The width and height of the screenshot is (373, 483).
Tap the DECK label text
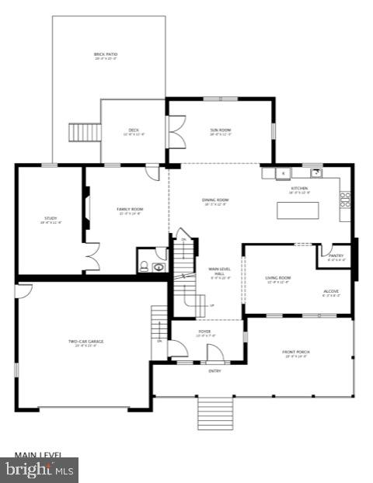coord(133,131)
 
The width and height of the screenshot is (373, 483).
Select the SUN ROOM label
coord(220,131)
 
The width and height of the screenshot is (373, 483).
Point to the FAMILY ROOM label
coord(130,210)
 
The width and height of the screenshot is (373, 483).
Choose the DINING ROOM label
coord(215,202)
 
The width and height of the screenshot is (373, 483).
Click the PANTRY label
coord(336,256)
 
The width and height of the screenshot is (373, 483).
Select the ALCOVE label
coord(331,293)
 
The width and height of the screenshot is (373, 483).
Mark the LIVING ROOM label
coord(277,279)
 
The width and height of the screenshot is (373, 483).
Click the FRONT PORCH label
coord(296,353)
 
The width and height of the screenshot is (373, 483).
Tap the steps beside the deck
coord(81,132)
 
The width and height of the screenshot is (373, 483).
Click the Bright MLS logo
coord(40,469)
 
